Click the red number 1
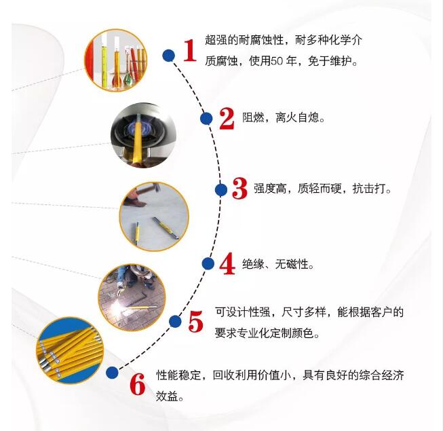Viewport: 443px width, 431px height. pyautogui.click(x=189, y=50)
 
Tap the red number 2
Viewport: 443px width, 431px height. pyautogui.click(x=226, y=118)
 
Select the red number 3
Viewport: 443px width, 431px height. pyautogui.click(x=239, y=189)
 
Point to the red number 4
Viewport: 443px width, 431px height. pyautogui.click(x=227, y=263)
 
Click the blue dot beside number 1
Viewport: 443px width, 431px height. pyautogui.click(x=168, y=55)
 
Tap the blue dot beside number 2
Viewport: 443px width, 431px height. pyautogui.click(x=206, y=119)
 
